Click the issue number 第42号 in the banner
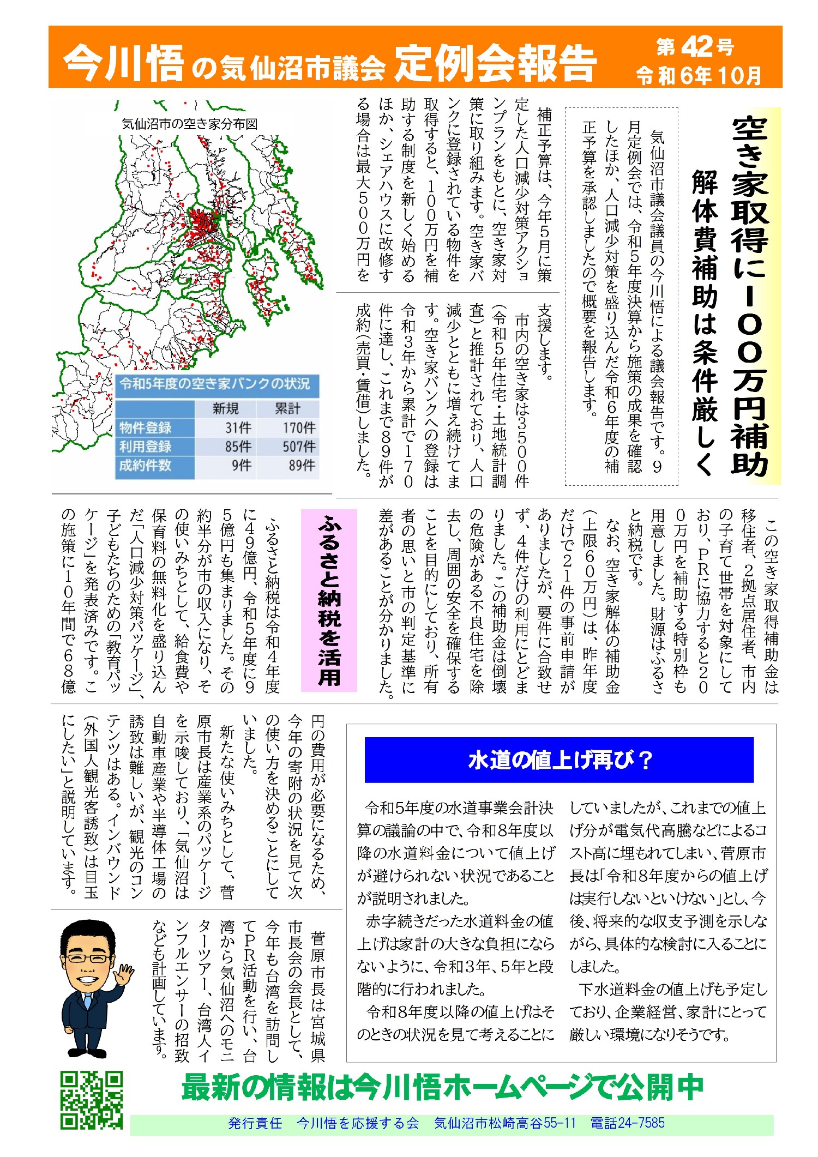click(x=695, y=47)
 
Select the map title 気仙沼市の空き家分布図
click(x=190, y=124)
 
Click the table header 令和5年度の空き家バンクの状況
click(x=215, y=384)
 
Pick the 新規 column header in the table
click(x=226, y=408)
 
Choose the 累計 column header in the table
click(x=287, y=408)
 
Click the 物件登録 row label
click(x=146, y=427)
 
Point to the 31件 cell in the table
click(x=238, y=427)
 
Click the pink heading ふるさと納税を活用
click(x=329, y=600)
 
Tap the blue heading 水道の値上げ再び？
click(x=560, y=760)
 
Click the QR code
click(x=91, y=1099)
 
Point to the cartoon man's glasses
click(x=87, y=959)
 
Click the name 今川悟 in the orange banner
click(x=123, y=63)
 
